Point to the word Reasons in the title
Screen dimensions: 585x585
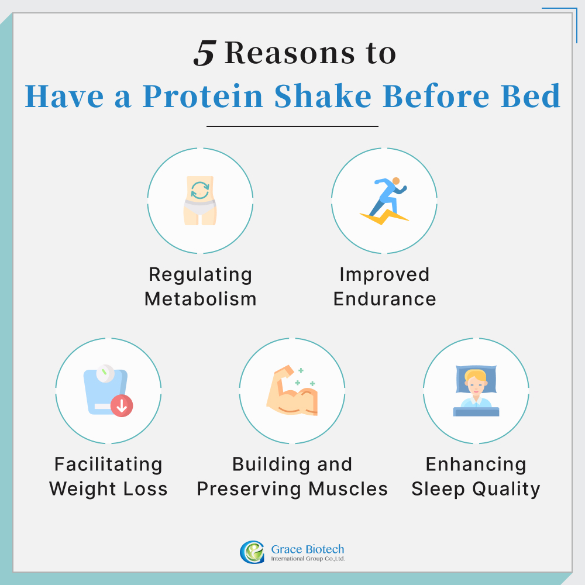(x=287, y=54)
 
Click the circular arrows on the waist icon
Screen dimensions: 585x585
(x=200, y=191)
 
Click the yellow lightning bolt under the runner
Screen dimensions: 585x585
(x=384, y=218)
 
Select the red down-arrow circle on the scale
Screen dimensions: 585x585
(x=122, y=406)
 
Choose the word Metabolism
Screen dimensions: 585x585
(x=200, y=299)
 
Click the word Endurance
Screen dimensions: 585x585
(x=384, y=299)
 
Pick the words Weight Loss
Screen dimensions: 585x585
(x=108, y=488)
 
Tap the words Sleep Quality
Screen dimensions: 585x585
(x=476, y=488)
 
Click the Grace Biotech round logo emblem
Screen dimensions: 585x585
(x=252, y=552)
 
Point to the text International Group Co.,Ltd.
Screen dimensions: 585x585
(x=308, y=559)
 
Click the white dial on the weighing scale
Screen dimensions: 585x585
(x=105, y=371)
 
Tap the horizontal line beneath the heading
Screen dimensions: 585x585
(x=292, y=126)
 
